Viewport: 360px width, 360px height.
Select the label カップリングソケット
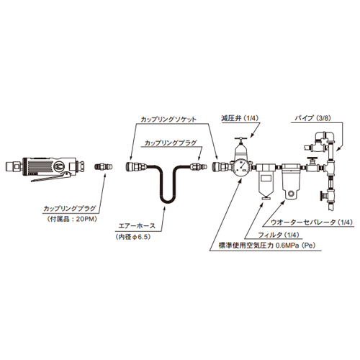pyautogui.click(x=168, y=120)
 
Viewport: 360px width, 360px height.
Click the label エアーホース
pyautogui.click(x=138, y=226)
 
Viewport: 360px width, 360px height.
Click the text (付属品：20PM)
pyautogui.click(x=72, y=220)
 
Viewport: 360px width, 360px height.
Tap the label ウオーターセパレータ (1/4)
pyautogui.click(x=312, y=222)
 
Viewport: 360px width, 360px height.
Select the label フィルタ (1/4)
pyautogui.click(x=279, y=235)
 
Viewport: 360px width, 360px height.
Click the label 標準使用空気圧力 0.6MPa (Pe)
pyautogui.click(x=267, y=246)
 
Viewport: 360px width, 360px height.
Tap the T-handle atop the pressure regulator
pyautogui.click(x=240, y=138)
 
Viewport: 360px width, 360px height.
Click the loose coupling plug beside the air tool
pyautogui.click(x=102, y=166)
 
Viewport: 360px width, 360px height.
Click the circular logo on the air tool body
pyautogui.click(x=59, y=166)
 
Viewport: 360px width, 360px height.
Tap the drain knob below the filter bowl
pyautogui.click(x=264, y=198)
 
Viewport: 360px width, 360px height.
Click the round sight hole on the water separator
pyautogui.click(x=292, y=193)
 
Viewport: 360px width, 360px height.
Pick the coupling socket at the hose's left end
pyautogui.click(x=136, y=166)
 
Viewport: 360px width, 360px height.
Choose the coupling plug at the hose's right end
pyautogui.click(x=199, y=166)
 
